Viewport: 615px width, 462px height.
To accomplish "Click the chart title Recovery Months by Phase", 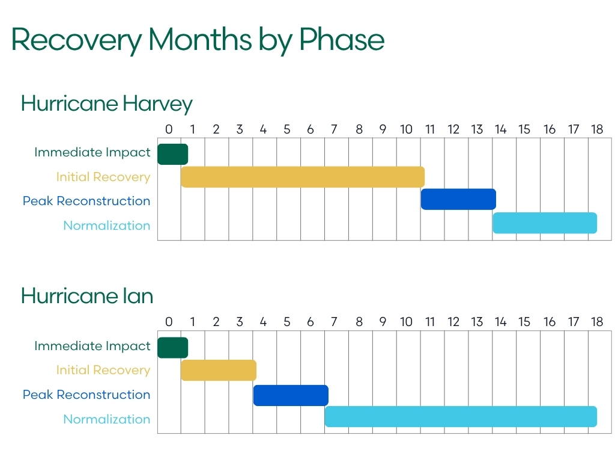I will [x=198, y=40].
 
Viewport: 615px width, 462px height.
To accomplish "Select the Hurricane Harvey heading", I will [x=106, y=104].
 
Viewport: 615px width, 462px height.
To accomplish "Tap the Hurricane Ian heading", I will [x=86, y=296].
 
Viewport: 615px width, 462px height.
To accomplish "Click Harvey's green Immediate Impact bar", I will [x=172, y=154].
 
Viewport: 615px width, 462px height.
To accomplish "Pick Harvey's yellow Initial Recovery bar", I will [x=303, y=177].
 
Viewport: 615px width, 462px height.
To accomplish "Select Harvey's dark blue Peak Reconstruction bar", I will [x=458, y=199].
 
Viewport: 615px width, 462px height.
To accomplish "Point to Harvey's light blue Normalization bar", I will [x=545, y=223].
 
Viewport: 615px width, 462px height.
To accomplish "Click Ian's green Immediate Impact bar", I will [x=172, y=348].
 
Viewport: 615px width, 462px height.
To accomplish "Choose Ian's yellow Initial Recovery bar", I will [x=219, y=371].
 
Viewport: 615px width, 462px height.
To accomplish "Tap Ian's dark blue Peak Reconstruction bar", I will [x=291, y=395].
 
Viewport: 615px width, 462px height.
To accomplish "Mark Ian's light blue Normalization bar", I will [x=461, y=417].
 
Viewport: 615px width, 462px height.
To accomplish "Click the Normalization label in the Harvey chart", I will [x=106, y=226].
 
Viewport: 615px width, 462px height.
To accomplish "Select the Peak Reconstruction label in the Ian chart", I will [x=86, y=395].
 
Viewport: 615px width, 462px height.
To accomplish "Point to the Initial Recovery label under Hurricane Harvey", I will [x=103, y=177].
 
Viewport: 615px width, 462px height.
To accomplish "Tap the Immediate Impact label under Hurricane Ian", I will [x=92, y=346].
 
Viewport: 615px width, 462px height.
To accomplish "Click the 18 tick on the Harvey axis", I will [x=596, y=129].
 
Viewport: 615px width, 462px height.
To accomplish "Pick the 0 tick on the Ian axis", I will [x=169, y=322].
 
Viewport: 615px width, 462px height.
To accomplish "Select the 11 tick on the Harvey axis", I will [x=429, y=129].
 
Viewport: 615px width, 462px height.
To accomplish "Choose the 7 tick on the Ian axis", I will [x=334, y=322].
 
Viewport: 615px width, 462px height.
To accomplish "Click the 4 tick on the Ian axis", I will [x=263, y=322].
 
